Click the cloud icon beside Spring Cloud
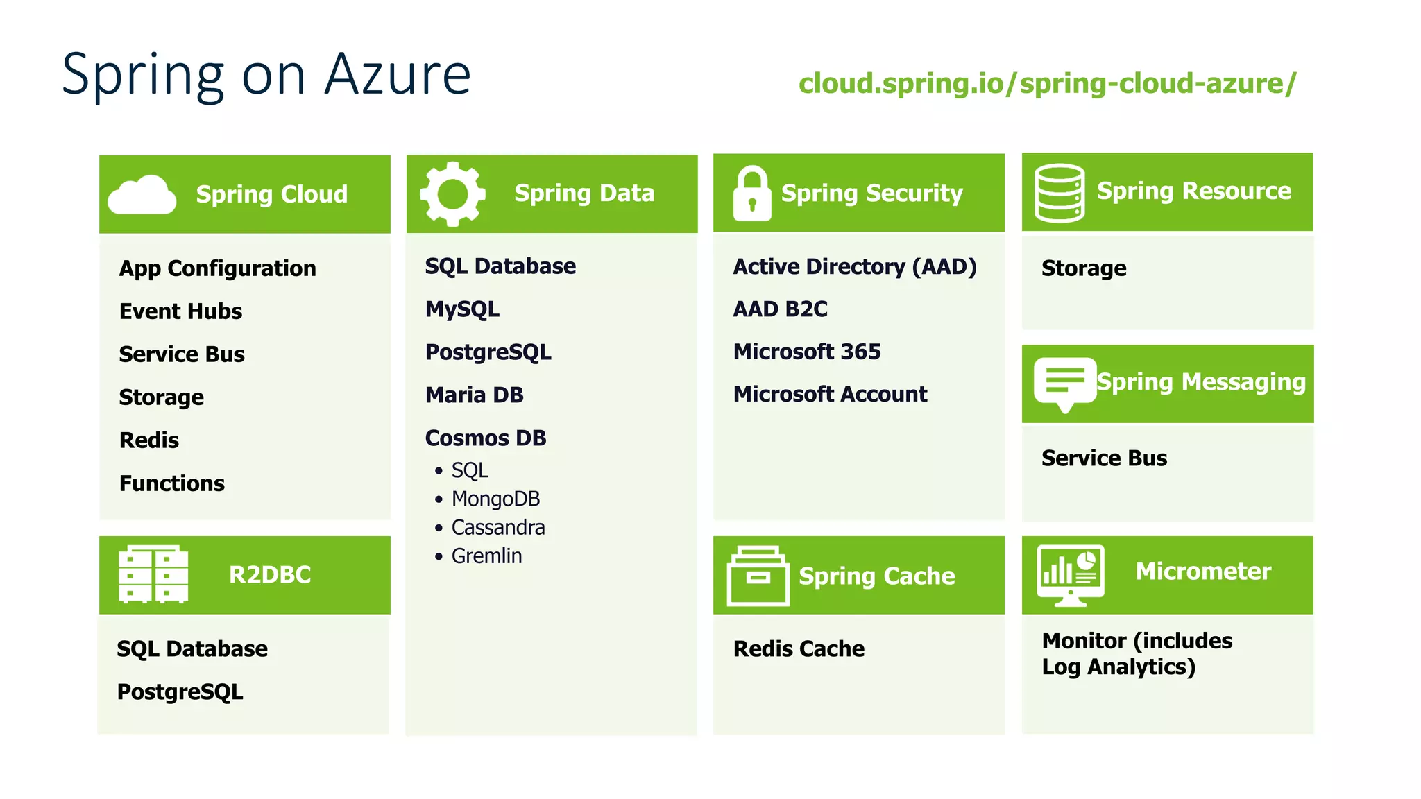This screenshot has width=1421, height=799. (x=142, y=195)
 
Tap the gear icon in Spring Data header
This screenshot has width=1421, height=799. (x=452, y=194)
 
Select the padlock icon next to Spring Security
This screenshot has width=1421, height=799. (x=751, y=194)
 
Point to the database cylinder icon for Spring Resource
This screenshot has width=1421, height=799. (x=1059, y=193)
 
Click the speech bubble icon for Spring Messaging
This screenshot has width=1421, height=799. (x=1064, y=384)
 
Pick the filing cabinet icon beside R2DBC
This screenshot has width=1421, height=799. (x=153, y=574)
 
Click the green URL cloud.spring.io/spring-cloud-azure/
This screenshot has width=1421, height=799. (x=1047, y=83)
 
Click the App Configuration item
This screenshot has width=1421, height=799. (x=217, y=268)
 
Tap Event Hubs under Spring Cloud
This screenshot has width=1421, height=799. (x=180, y=311)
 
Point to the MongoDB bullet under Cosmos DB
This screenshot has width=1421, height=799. (x=495, y=499)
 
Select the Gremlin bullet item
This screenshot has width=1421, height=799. (x=486, y=556)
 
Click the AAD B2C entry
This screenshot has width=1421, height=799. (x=780, y=309)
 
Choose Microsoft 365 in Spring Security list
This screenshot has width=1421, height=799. (x=806, y=352)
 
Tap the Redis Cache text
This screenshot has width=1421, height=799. (x=799, y=648)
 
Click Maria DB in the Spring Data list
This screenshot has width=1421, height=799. (x=474, y=395)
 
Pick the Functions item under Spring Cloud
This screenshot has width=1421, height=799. (x=171, y=483)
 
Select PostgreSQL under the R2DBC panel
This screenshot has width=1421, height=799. (x=180, y=691)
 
